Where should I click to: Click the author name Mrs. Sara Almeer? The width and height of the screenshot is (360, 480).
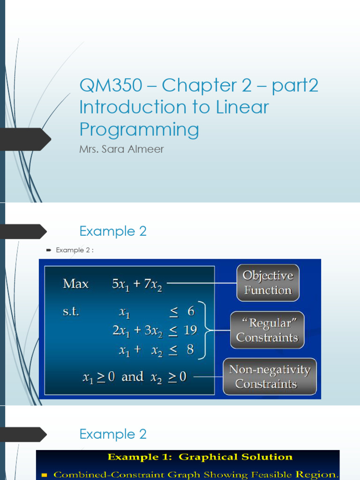(122, 150)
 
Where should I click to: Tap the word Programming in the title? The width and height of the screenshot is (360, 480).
(139, 129)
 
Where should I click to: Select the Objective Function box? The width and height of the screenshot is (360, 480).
(267, 283)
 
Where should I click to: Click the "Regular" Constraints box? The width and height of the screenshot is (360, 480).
(267, 330)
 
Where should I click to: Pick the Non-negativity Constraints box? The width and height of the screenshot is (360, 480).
(270, 377)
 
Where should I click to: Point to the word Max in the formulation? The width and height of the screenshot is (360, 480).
(75, 284)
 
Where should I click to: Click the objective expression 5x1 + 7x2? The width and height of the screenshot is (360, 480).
(137, 284)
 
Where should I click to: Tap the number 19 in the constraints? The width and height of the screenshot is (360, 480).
(190, 330)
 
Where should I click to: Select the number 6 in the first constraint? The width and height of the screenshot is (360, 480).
(190, 311)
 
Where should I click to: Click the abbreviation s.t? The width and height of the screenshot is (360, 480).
(71, 311)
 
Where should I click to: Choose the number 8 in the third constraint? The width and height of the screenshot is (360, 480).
(190, 350)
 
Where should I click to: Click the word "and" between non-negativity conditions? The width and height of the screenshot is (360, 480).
(133, 377)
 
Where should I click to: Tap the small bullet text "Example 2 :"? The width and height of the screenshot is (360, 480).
(75, 250)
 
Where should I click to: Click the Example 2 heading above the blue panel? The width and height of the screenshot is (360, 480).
(113, 231)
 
